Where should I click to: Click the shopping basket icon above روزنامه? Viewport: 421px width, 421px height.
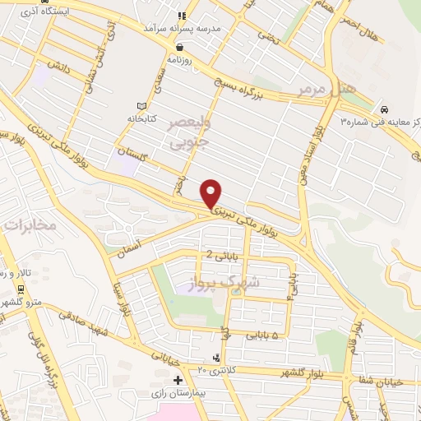tap(179, 46)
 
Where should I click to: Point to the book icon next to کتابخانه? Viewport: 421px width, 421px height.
tap(141, 105)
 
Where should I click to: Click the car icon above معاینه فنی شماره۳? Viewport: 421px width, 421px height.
tap(383, 109)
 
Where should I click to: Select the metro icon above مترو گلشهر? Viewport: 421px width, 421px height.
tap(20, 289)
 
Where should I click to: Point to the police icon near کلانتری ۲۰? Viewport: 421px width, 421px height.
tap(215, 358)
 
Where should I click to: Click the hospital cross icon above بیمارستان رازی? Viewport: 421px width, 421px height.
tap(177, 380)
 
